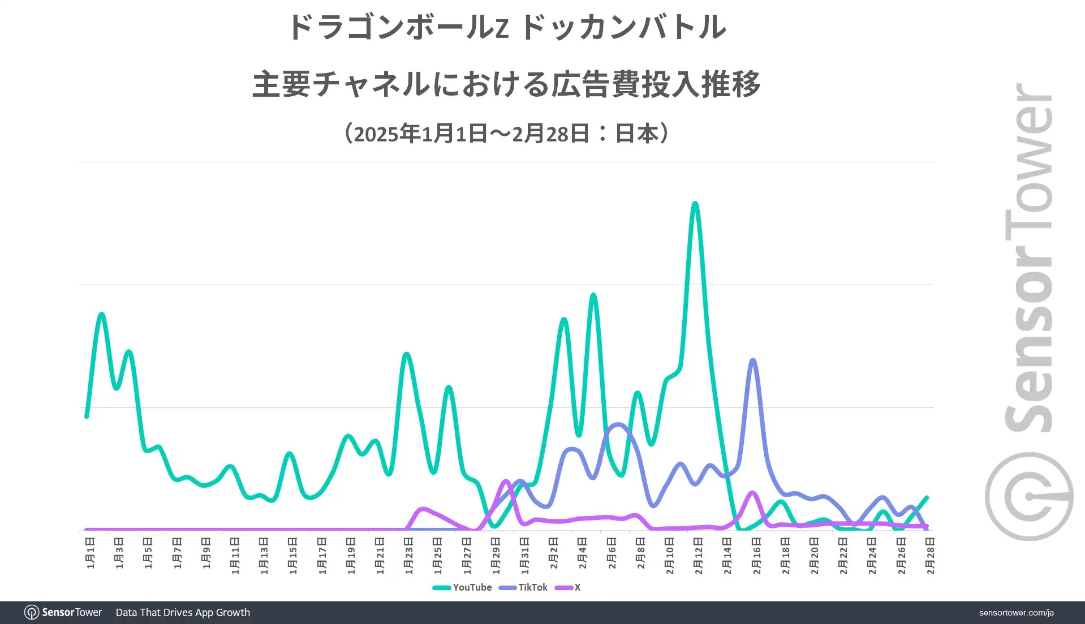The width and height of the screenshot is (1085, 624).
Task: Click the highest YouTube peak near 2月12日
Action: [695, 203]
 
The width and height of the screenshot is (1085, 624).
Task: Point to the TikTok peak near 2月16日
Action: [753, 360]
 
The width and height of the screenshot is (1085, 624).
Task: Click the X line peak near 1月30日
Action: [506, 481]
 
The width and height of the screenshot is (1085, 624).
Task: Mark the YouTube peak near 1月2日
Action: [102, 314]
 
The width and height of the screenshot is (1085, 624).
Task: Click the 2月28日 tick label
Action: [930, 556]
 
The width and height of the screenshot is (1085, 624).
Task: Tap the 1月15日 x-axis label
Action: [293, 556]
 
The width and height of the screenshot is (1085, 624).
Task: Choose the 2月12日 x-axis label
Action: [698, 556]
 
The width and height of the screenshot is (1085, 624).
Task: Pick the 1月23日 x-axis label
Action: [409, 556]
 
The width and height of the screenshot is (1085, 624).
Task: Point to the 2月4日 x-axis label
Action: [583, 553]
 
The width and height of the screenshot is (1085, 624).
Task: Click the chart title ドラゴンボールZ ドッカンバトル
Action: [507, 27]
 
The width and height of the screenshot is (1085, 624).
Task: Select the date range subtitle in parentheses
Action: [507, 134]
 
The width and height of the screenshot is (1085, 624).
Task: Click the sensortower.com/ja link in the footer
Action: [1016, 613]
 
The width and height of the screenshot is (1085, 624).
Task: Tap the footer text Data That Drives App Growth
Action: [183, 613]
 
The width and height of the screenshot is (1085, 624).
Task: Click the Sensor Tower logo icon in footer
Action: [32, 613]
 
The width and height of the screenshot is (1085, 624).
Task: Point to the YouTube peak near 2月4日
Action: [593, 295]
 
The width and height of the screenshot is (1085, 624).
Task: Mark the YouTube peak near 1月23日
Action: [407, 354]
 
